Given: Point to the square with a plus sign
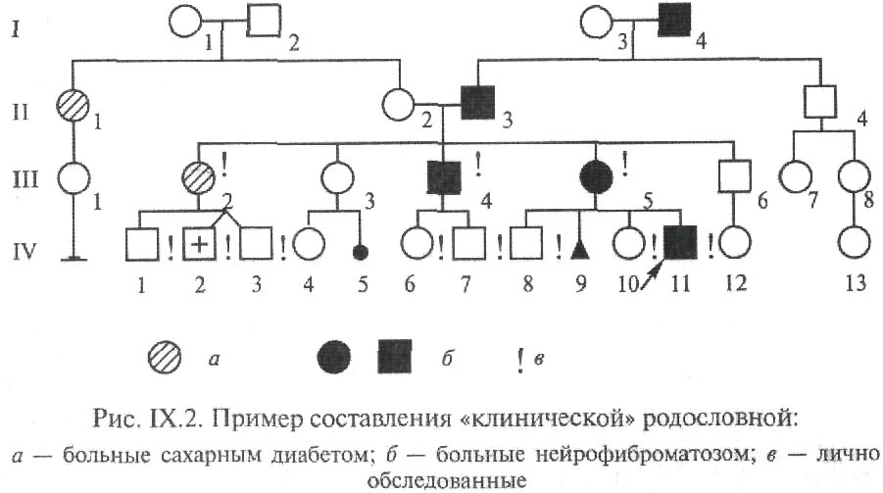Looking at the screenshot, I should click(201, 244).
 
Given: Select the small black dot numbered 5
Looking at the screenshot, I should click(361, 251).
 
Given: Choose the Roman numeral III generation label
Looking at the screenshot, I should click(19, 180).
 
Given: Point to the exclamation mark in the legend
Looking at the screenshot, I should click(519, 360).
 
